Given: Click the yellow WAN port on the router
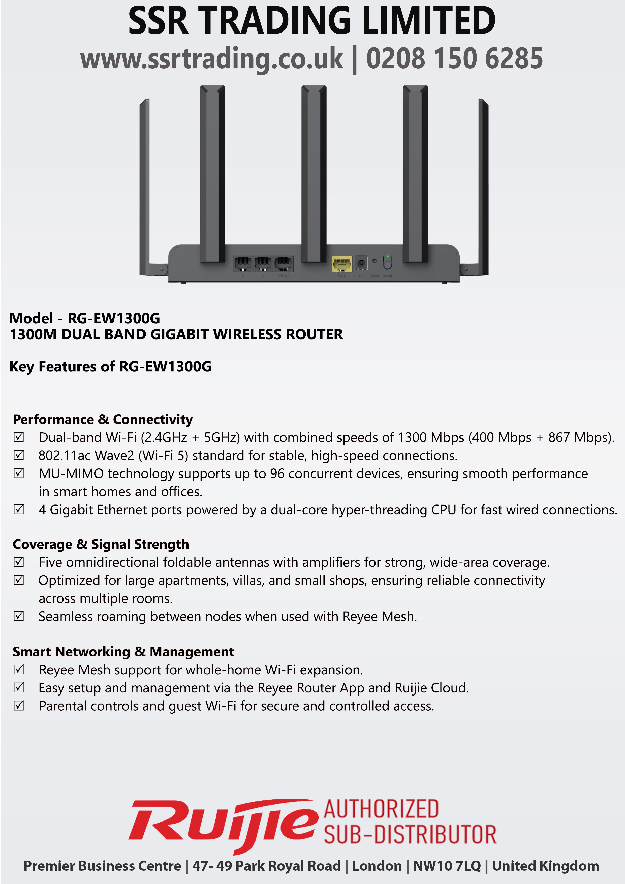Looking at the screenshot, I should tap(341, 264).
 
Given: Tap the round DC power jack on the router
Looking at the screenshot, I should tap(361, 264).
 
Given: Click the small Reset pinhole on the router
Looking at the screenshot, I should tap(374, 261).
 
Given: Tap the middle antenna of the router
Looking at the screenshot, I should tap(314, 173).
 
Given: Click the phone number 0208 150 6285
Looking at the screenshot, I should tap(454, 58).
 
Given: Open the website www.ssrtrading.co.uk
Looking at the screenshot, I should tap(211, 58).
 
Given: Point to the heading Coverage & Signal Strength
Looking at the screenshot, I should tap(101, 544).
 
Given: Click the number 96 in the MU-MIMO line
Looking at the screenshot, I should tap(277, 473).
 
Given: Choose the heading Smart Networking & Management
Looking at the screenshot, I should tap(123, 652).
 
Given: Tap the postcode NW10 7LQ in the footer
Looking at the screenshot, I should tap(447, 866).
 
